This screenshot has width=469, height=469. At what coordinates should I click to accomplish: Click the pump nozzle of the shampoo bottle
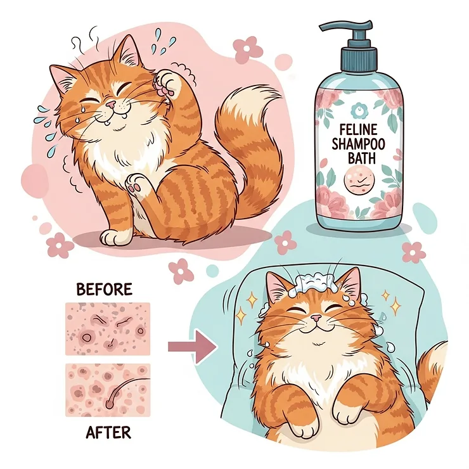(x=332, y=27)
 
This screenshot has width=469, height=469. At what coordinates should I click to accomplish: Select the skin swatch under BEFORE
(x=108, y=328)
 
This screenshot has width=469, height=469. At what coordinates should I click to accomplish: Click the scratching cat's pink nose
(x=110, y=103)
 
